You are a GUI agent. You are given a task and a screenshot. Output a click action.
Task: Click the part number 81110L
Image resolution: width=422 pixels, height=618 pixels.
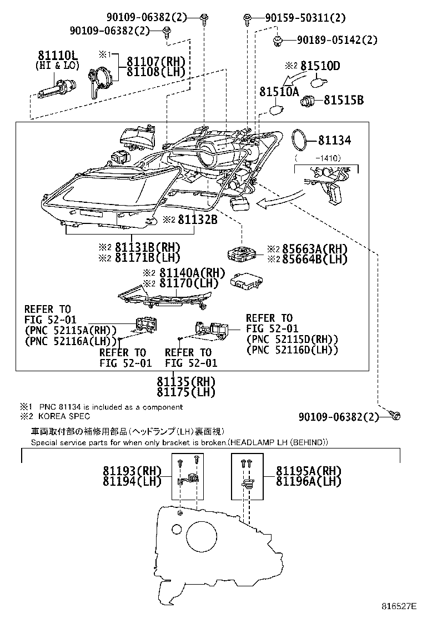pyautogui.click(x=58, y=55)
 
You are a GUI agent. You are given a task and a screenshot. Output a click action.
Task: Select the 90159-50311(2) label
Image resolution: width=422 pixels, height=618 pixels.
pyautogui.click(x=305, y=17)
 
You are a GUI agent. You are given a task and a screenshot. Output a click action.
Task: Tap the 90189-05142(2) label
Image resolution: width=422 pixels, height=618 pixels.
pyautogui.click(x=337, y=39)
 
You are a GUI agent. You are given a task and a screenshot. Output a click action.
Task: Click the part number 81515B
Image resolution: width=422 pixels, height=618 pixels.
pyautogui.click(x=344, y=100)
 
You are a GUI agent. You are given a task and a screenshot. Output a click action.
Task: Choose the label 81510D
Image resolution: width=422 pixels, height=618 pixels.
pyautogui.click(x=320, y=66)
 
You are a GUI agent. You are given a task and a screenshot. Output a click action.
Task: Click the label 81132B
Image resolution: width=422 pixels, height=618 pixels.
pyautogui.click(x=198, y=220)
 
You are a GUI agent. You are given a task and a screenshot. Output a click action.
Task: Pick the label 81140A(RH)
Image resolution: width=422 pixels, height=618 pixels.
pyautogui.click(x=192, y=272)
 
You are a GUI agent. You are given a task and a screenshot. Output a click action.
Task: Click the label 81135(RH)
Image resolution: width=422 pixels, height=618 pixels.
pyautogui.click(x=186, y=381)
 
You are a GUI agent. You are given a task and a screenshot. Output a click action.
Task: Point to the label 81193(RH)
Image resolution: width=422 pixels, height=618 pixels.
pyautogui.click(x=132, y=471)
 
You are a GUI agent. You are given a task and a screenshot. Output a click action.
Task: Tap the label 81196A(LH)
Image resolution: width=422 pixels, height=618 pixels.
pyautogui.click(x=308, y=481)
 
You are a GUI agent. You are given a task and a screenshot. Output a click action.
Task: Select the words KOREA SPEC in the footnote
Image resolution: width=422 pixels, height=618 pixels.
pyautogui.click(x=64, y=416)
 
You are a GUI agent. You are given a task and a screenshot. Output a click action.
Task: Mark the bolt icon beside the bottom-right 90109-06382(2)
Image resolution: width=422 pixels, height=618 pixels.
pyautogui.click(x=395, y=415)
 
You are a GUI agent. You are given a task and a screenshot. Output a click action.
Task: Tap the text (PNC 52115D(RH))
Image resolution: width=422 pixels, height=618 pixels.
pyautogui.click(x=292, y=339)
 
